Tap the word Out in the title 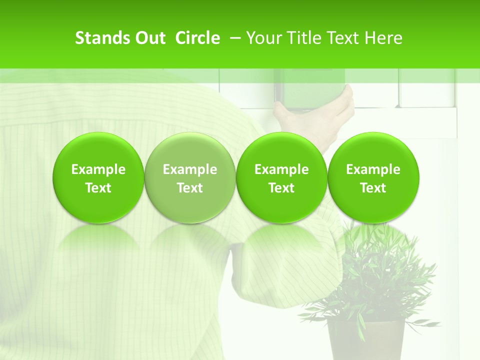click(x=149, y=38)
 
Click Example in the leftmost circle click(x=98, y=169)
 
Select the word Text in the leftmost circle click(x=98, y=188)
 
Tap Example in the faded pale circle click(x=190, y=169)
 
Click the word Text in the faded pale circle click(x=190, y=188)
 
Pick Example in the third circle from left click(x=281, y=169)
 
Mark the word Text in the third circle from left click(x=281, y=188)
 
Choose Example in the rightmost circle click(x=373, y=169)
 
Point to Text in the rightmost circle click(x=373, y=188)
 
